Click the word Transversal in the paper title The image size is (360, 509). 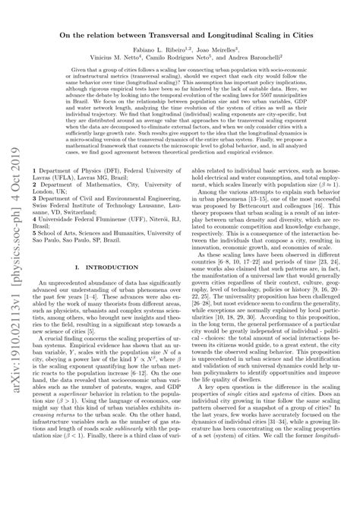(x=169, y=33)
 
